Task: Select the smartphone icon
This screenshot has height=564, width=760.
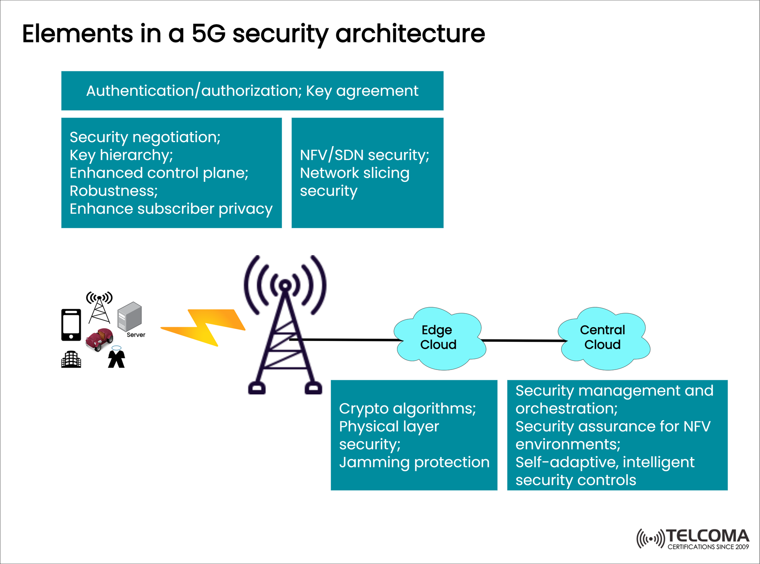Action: coord(71,325)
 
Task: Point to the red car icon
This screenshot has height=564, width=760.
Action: coord(99,339)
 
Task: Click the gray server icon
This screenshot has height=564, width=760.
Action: coord(129,316)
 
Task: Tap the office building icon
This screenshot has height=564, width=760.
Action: coord(71,359)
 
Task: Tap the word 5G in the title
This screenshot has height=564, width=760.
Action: coord(209,33)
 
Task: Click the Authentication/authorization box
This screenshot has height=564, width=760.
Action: coord(252,91)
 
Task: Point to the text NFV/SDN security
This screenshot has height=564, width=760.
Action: coord(364,155)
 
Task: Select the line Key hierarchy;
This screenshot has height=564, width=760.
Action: coord(121,155)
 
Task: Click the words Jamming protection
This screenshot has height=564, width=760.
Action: coord(414,462)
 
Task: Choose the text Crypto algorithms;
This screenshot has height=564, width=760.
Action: coord(407,408)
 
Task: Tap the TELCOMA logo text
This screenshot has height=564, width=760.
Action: coord(708,536)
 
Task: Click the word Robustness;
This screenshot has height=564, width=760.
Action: coord(114,191)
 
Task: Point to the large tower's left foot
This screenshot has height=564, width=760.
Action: coord(256,389)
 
